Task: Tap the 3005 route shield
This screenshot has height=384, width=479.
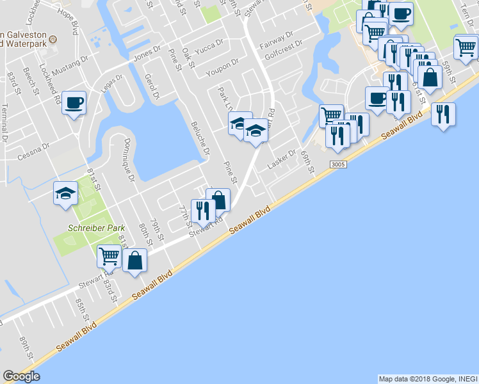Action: pyautogui.click(x=339, y=165)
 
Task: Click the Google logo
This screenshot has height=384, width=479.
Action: pyautogui.click(x=21, y=376)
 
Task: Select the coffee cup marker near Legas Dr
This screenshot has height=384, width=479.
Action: pyautogui.click(x=74, y=102)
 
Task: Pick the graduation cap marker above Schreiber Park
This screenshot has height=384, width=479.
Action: pyautogui.click(x=65, y=193)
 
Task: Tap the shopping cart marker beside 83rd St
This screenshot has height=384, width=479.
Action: pyautogui.click(x=109, y=256)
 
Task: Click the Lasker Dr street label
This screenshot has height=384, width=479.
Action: pyautogui.click(x=282, y=157)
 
